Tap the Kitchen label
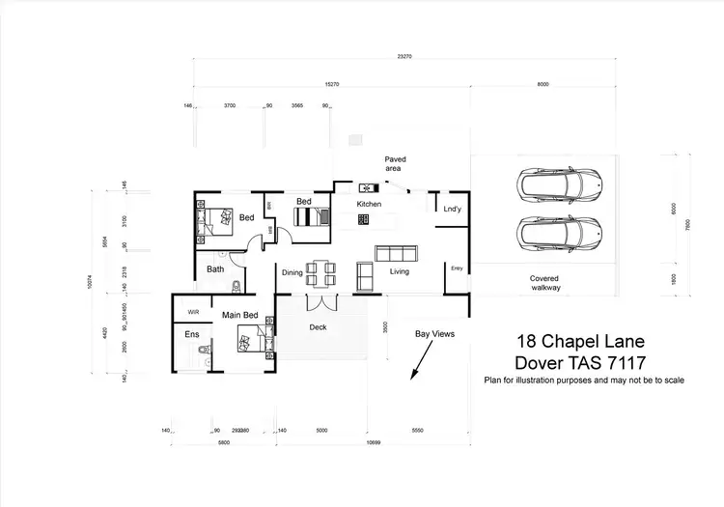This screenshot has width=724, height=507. (370, 205)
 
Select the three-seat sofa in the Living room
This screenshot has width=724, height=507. (396, 254)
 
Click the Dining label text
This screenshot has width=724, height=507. (292, 272)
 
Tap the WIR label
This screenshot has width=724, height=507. (193, 312)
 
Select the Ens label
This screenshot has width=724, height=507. (191, 334)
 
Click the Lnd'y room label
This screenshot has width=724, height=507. (451, 209)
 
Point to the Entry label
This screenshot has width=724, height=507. (457, 268)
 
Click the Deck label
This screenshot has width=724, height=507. (319, 327)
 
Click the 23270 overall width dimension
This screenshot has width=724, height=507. (404, 57)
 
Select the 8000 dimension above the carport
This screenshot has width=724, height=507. (543, 85)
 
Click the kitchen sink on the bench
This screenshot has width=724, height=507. (368, 187)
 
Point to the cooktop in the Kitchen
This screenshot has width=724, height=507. (364, 220)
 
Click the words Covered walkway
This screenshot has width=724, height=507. (544, 282)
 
